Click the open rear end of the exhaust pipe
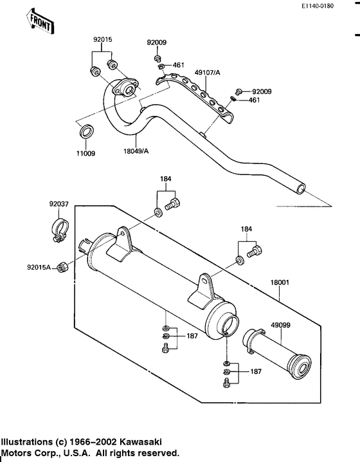[x=299, y=190]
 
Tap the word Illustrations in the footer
[x=26, y=443]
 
